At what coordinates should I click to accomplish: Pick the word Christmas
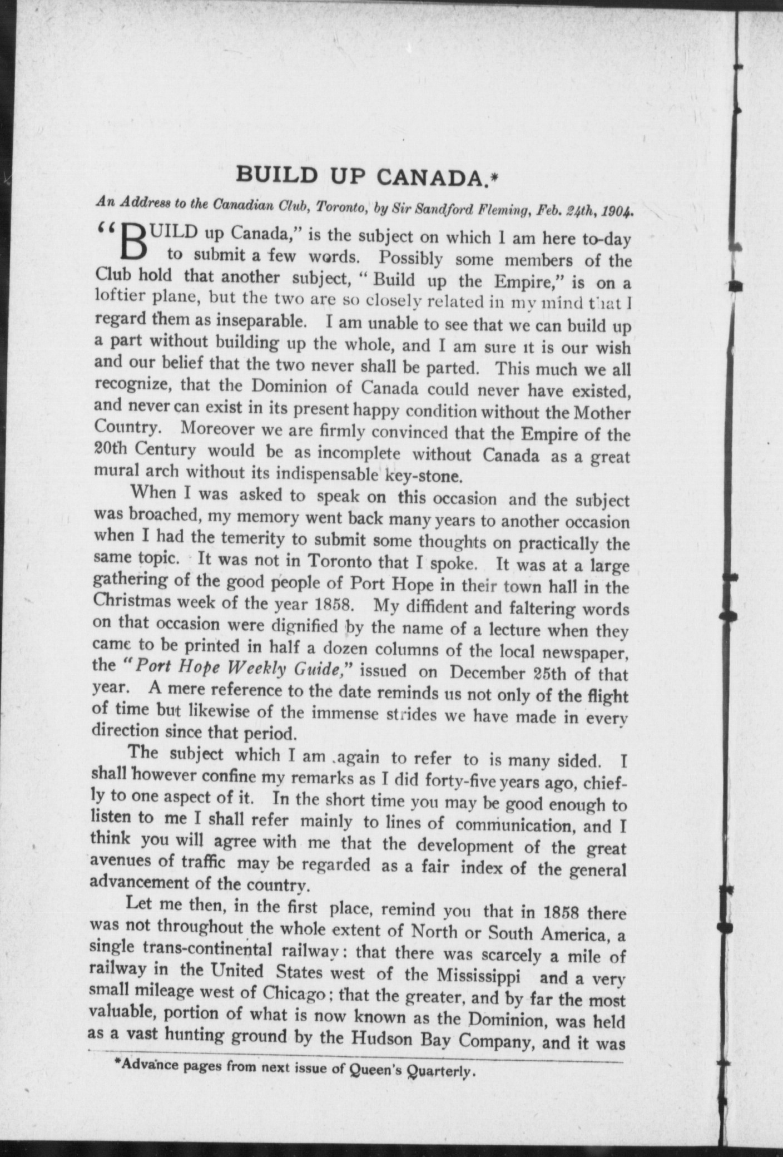(135, 604)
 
